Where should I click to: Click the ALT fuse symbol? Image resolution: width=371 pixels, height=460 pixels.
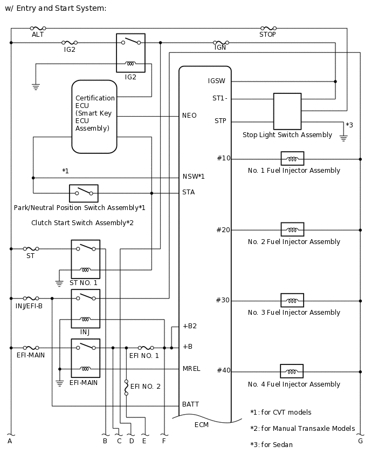tap(38, 28)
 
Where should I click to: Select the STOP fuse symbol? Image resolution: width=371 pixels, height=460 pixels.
tap(268, 28)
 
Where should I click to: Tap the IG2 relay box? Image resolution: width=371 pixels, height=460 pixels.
tap(130, 53)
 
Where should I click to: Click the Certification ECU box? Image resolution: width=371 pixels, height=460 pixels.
tap(94, 117)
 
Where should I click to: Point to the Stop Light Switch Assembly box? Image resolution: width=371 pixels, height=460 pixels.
tap(287, 111)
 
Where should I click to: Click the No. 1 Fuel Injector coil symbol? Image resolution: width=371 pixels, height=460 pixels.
tap(292, 159)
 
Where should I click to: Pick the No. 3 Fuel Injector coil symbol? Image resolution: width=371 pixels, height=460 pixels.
tap(292, 300)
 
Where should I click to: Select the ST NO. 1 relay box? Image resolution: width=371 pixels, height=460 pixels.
tap(85, 259)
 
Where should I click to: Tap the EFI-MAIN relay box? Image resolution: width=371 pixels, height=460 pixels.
tap(85, 358)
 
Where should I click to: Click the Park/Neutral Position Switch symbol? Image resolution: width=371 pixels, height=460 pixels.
tap(84, 193)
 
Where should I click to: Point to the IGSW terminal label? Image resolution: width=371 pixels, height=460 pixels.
tap(217, 81)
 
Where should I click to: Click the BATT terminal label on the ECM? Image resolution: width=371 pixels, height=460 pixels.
tap(191, 404)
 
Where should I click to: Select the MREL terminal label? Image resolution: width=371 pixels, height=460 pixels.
tap(191, 369)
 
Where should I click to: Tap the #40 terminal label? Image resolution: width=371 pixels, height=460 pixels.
tap(223, 370)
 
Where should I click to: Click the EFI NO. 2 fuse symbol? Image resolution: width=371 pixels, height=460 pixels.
tap(126, 387)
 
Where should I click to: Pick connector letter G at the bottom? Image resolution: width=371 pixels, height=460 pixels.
tap(360, 441)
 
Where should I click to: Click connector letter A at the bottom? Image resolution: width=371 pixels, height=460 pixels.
tap(10, 441)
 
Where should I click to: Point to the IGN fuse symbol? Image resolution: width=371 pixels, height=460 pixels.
tap(220, 42)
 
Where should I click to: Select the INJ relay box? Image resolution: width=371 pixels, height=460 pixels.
tap(85, 309)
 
